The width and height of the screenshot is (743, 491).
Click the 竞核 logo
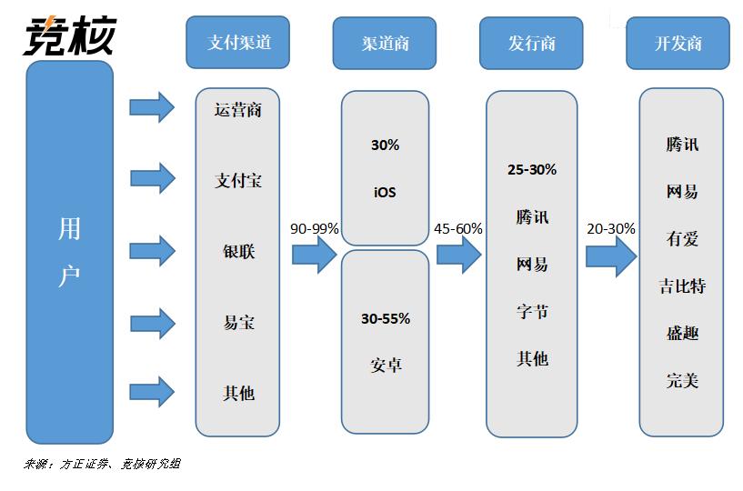pyautogui.click(x=70, y=36)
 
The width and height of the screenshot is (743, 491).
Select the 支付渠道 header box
pyautogui.click(x=238, y=42)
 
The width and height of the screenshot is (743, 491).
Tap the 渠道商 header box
pyautogui.click(x=385, y=43)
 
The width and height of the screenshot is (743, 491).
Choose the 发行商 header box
pyautogui.click(x=531, y=43)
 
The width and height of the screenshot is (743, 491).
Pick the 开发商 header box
pyautogui.click(x=678, y=43)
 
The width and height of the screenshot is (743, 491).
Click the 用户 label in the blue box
pyautogui.click(x=69, y=252)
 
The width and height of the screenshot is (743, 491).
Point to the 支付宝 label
pyautogui.click(x=238, y=180)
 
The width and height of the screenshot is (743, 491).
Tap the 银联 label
pyautogui.click(x=239, y=251)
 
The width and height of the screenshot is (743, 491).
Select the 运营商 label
pyautogui.click(x=238, y=110)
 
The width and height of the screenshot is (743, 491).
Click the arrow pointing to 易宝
pyautogui.click(x=153, y=324)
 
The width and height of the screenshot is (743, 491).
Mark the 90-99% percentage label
pyautogui.click(x=314, y=228)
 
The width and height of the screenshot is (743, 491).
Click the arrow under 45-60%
pyautogui.click(x=458, y=255)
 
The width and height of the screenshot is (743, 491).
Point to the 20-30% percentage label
pyautogui.click(x=611, y=228)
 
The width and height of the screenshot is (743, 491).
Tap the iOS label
pyautogui.click(x=385, y=192)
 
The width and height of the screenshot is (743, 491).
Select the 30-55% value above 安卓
pyautogui.click(x=386, y=318)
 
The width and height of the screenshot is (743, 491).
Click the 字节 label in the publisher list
pyautogui.click(x=532, y=311)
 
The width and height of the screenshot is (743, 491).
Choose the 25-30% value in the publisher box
pyautogui.click(x=532, y=169)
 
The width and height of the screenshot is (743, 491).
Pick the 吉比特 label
pyautogui.click(x=682, y=286)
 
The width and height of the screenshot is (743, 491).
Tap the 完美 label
pyautogui.click(x=682, y=380)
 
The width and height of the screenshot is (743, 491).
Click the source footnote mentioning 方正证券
pyautogui.click(x=102, y=464)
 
